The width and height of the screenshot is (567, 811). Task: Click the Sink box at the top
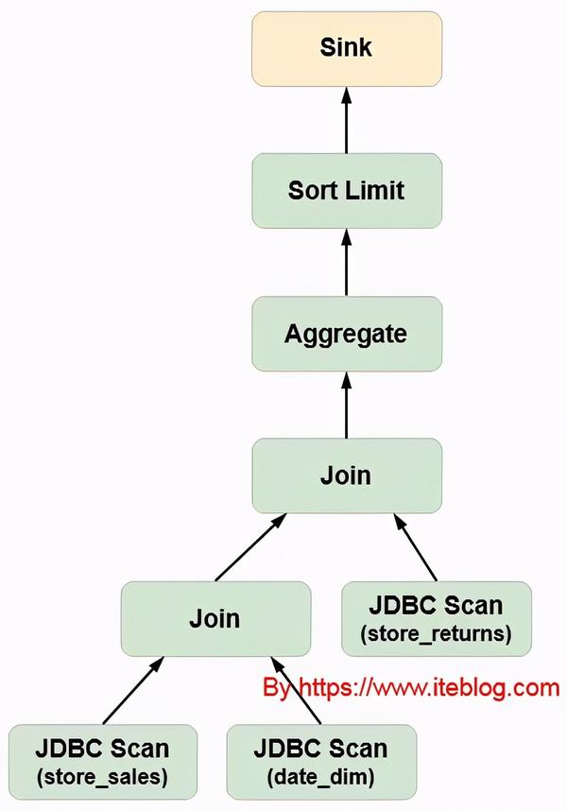(346, 48)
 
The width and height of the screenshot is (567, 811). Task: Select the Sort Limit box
(346, 190)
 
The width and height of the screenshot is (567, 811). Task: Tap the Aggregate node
(346, 334)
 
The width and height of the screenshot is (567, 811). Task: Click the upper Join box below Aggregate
(346, 475)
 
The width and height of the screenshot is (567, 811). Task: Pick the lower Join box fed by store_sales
(215, 619)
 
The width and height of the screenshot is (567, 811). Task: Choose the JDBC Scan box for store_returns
(436, 619)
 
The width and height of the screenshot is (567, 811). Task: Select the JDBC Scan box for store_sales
(102, 762)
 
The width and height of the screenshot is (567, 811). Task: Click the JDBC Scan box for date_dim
(321, 762)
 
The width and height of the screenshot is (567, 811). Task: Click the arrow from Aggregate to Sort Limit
(346, 262)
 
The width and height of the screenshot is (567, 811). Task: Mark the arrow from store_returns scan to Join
(416, 548)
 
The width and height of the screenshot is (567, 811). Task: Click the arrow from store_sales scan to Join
(132, 691)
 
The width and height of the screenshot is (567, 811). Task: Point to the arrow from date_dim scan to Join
(295, 691)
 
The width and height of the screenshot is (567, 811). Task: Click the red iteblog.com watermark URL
(411, 688)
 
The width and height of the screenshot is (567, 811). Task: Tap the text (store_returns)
(436, 634)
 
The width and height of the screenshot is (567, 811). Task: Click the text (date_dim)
(321, 777)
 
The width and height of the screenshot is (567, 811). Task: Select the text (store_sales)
(102, 777)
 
